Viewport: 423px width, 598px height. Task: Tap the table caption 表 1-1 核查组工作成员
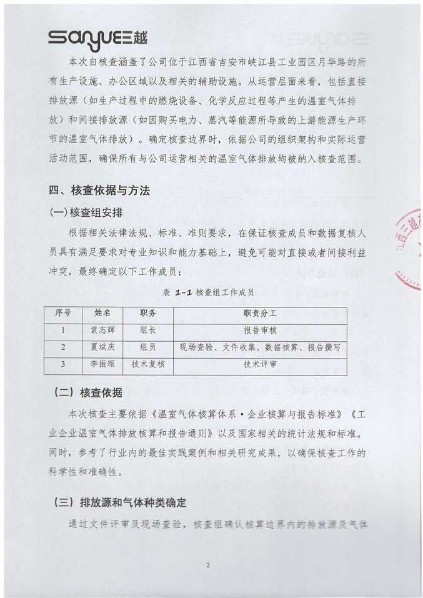click(x=207, y=292)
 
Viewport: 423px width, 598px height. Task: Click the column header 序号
click(x=63, y=313)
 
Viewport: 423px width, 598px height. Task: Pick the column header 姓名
click(x=102, y=313)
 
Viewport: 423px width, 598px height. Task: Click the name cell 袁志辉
click(x=102, y=331)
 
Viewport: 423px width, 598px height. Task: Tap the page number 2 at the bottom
click(x=208, y=566)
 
